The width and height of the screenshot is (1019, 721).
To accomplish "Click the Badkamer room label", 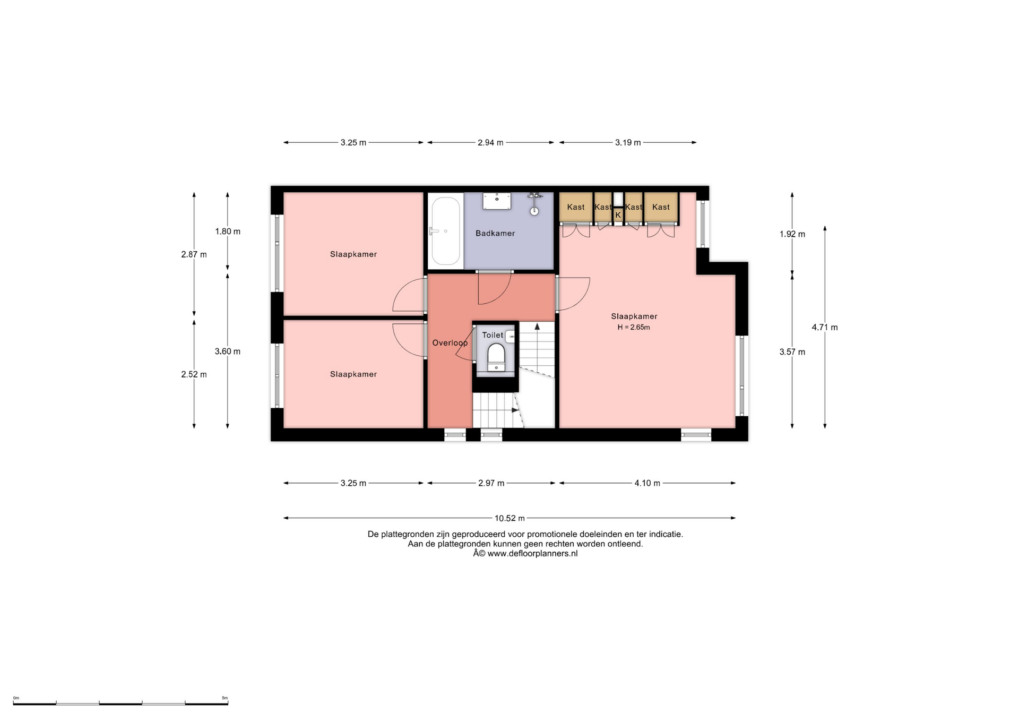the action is (x=495, y=233).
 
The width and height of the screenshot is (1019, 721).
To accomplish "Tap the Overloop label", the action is (x=450, y=343).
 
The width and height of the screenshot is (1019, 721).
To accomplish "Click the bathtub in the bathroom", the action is (x=445, y=231).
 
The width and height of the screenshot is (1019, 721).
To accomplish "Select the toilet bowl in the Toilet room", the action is (x=496, y=357).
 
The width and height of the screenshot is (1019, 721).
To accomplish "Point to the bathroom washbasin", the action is (x=497, y=201).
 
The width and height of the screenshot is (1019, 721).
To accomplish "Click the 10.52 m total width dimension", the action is (x=509, y=518).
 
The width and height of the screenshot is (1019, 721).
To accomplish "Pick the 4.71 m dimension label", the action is (x=825, y=328).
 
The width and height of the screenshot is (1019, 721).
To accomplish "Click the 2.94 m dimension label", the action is (x=490, y=143).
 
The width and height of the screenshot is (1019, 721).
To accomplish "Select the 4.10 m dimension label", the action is (x=647, y=483).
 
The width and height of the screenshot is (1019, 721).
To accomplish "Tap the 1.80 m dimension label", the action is (x=228, y=231).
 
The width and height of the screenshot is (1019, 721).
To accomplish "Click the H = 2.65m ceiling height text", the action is (x=634, y=328).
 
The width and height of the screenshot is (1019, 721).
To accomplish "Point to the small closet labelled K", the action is (x=618, y=215).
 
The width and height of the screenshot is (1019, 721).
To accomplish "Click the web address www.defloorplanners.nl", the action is (x=532, y=554).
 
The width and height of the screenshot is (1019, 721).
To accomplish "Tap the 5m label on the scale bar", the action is (x=224, y=698).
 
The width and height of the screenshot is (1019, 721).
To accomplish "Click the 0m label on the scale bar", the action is (x=16, y=698).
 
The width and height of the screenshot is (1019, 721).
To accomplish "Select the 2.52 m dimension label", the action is (x=194, y=374).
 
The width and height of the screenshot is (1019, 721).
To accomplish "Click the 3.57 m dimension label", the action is (x=792, y=352).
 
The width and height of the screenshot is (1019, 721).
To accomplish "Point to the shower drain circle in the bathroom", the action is (x=534, y=211).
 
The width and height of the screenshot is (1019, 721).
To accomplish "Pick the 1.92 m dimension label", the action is (x=792, y=234).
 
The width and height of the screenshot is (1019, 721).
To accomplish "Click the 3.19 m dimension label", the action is (x=628, y=143).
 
